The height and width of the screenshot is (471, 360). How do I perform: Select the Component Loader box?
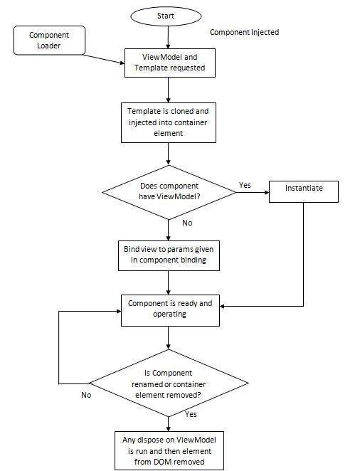(49, 41)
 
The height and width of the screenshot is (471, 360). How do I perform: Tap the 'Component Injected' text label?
(244, 33)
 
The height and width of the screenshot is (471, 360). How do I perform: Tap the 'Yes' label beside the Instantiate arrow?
(245, 185)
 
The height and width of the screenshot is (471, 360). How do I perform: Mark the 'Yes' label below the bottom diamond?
(191, 413)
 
